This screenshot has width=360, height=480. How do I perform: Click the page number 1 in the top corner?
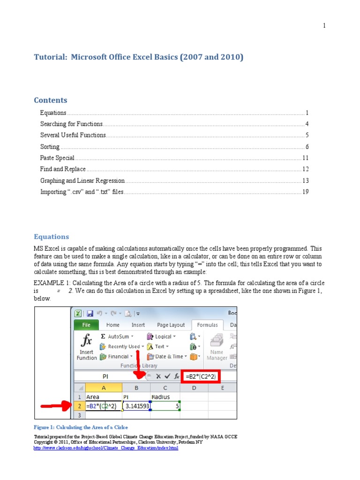pyautogui.click(x=324, y=26)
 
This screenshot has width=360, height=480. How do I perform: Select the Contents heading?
pyautogui.click(x=51, y=100)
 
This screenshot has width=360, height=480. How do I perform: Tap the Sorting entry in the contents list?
pyautogui.click(x=50, y=147)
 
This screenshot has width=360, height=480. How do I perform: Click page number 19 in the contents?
pyautogui.click(x=305, y=192)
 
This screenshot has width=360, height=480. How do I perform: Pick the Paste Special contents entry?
pyautogui.click(x=57, y=158)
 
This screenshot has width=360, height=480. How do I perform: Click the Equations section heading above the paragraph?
pyautogui.click(x=51, y=237)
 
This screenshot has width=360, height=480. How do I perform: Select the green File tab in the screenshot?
pyautogui.click(x=86, y=325)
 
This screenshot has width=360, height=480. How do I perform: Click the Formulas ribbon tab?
pyautogui.click(x=207, y=325)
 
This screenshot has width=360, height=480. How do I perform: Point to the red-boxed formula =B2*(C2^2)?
pyautogui.click(x=200, y=376)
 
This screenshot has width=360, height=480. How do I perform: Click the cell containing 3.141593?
pyautogui.click(x=136, y=406)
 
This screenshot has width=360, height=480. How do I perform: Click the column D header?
pyautogui.click(x=194, y=388)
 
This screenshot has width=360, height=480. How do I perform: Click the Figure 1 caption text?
pyautogui.click(x=81, y=427)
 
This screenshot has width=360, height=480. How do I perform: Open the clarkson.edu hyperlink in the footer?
pyautogui.click(x=106, y=448)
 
